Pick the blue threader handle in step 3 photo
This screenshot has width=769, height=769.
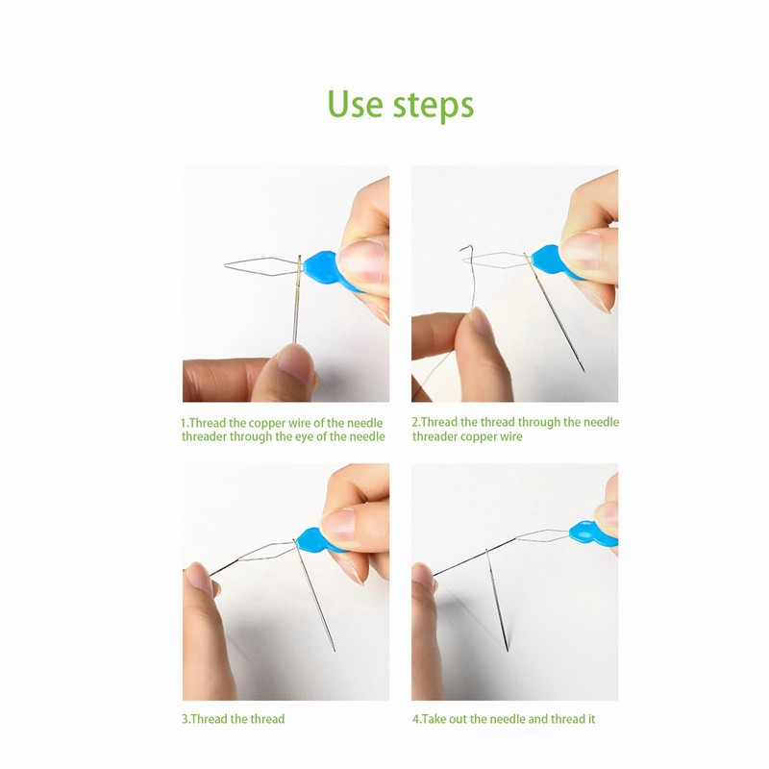pos(313,543)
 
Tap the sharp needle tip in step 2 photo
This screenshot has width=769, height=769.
pos(584,369)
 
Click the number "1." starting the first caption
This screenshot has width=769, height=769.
pos(186,422)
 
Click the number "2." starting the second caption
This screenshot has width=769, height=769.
pos(416,422)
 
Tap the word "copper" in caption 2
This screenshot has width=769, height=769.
pos(477,436)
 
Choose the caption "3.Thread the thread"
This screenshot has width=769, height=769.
pos(234,718)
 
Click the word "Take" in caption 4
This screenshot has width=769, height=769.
pos(438,718)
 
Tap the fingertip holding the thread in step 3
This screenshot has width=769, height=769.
pos(197,577)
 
